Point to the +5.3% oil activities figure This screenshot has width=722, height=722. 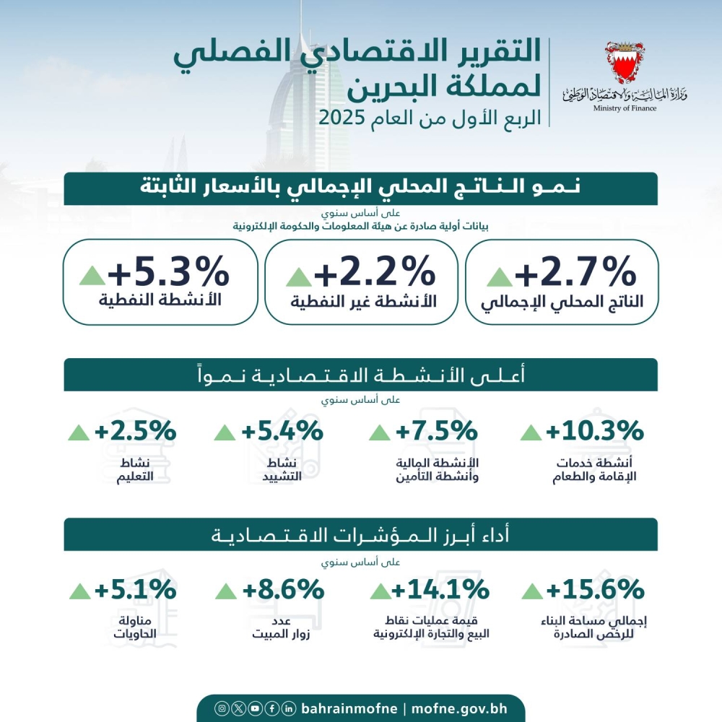pyautogui.click(x=168, y=274)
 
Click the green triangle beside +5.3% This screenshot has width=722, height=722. pyautogui.click(x=92, y=275)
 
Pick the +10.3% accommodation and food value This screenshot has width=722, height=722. pyautogui.click(x=594, y=431)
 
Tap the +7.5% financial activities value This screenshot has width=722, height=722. pyautogui.click(x=436, y=431)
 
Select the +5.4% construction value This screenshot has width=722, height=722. pyautogui.click(x=282, y=431)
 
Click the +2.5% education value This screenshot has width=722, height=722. pyautogui.click(x=135, y=431)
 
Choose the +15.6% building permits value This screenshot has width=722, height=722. pyautogui.click(x=594, y=590)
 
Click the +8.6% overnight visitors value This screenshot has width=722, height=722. pyautogui.click(x=282, y=590)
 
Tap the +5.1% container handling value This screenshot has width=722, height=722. pyautogui.click(x=135, y=590)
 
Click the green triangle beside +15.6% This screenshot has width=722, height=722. pyautogui.click(x=531, y=591)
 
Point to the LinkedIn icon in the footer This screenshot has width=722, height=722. pyautogui.click(x=289, y=708)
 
